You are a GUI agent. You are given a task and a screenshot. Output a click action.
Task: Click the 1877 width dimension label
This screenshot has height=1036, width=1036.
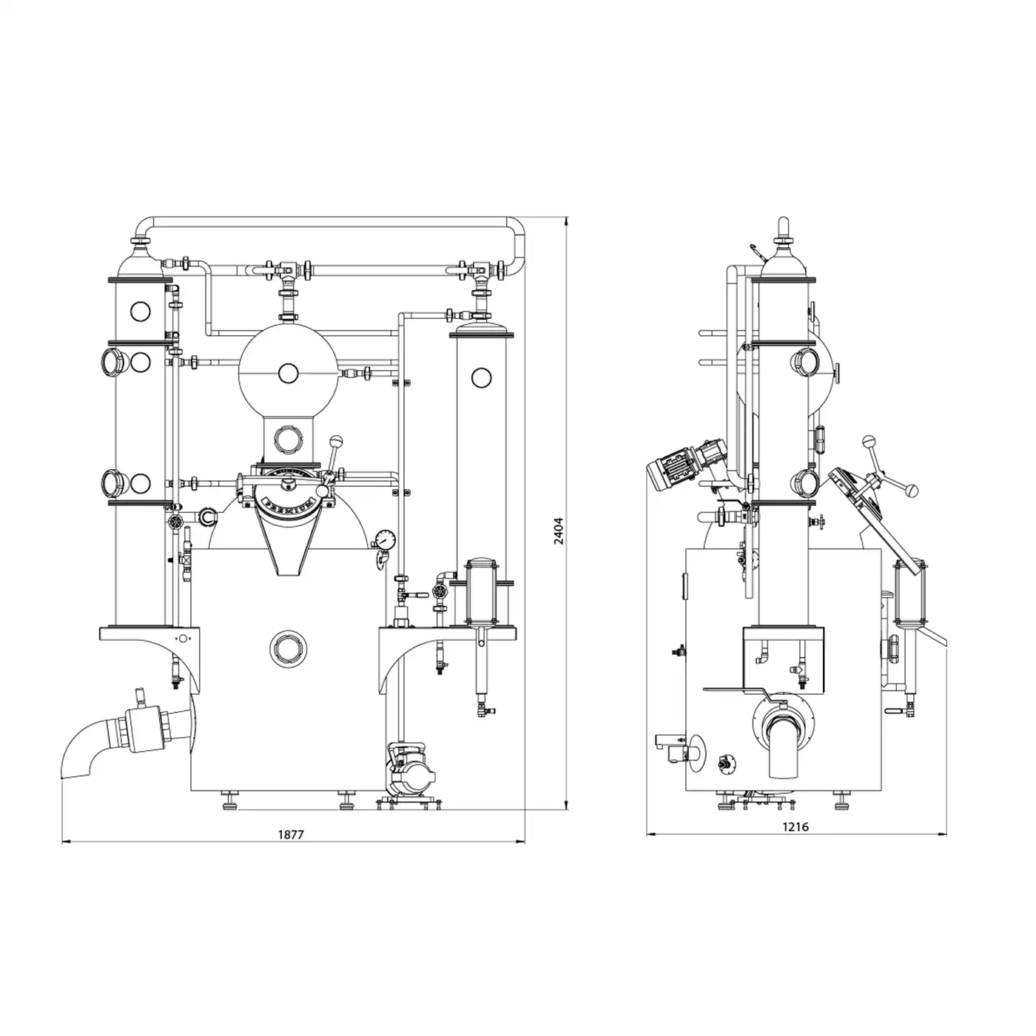[291, 835]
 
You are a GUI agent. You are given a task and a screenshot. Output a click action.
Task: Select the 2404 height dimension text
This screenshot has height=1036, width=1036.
[559, 531]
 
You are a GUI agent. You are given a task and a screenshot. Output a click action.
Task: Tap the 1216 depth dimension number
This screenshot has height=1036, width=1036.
[795, 827]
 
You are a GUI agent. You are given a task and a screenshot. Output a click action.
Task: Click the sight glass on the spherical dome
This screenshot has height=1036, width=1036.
[288, 372]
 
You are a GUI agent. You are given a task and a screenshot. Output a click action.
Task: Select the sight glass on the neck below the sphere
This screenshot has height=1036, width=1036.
[288, 439]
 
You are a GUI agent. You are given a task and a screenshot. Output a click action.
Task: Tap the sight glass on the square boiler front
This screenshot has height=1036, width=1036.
[288, 649]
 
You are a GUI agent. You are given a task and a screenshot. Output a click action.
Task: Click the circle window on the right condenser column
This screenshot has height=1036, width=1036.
[481, 377]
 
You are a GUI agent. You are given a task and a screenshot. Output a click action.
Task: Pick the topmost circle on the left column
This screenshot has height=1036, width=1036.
[140, 311]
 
